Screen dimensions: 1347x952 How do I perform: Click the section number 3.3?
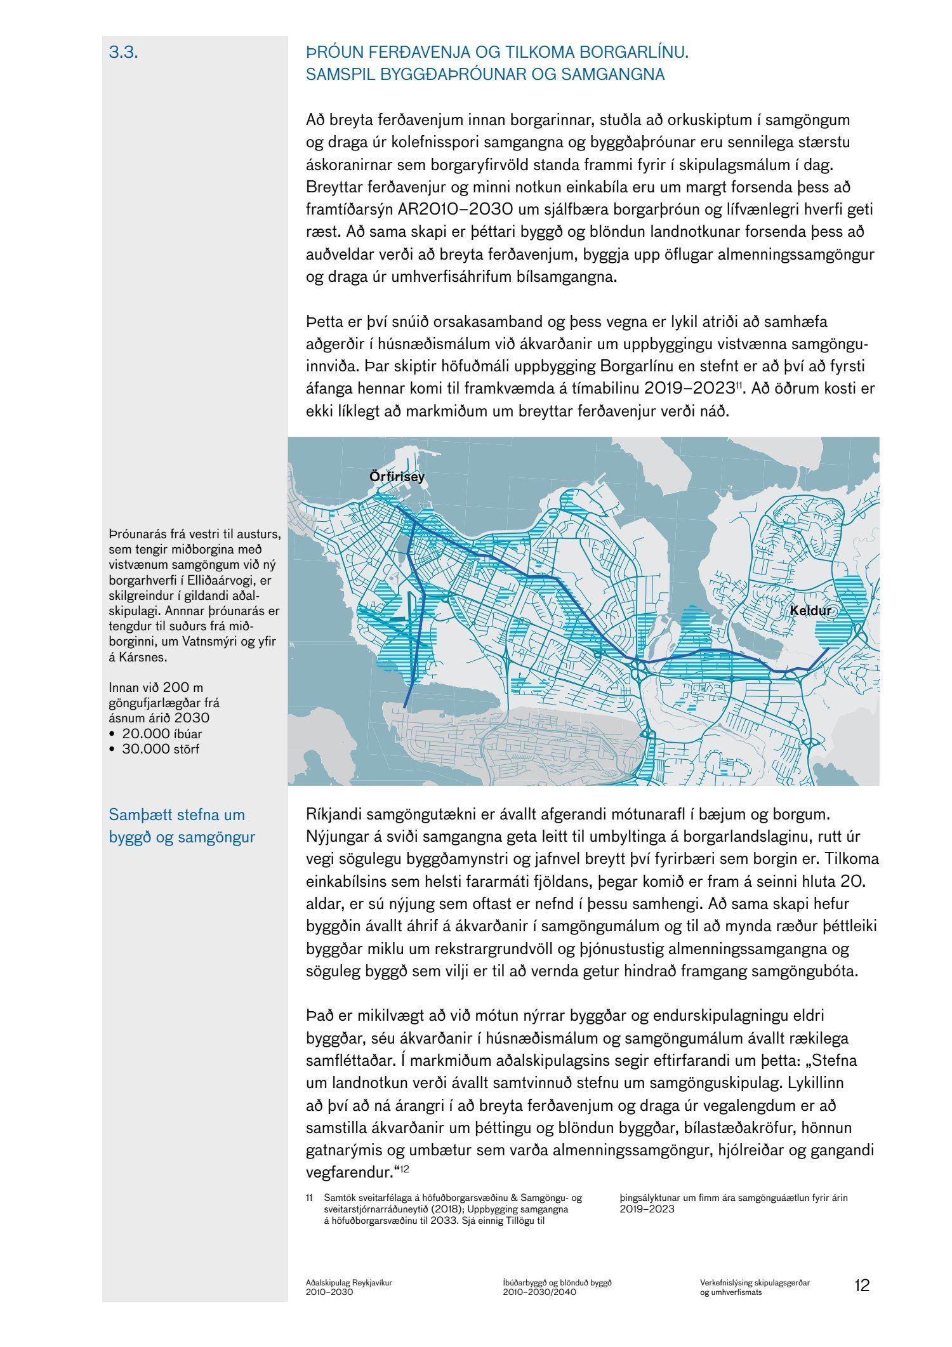point(124,53)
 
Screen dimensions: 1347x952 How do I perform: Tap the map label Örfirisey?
point(397,477)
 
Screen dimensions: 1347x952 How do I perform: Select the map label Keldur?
point(810,611)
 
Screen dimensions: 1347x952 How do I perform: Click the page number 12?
point(862,1285)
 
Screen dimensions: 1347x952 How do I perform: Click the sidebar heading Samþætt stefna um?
point(176,814)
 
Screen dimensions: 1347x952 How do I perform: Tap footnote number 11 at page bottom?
point(310,1198)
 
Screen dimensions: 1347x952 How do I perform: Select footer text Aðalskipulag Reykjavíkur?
point(349,1282)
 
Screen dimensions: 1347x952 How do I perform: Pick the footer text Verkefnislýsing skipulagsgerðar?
point(751,1282)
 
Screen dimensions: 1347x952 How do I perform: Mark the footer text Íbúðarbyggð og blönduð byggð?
point(557,1282)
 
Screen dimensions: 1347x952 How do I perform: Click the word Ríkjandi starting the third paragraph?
point(333,814)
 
